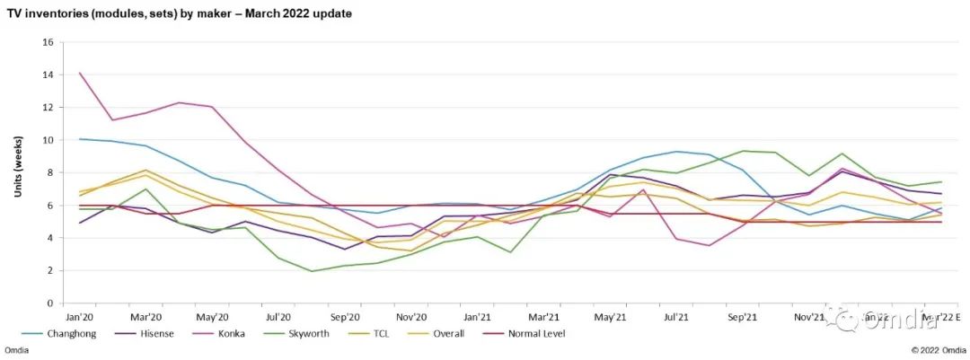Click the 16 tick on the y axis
(x=49, y=42)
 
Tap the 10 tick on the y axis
(x=49, y=140)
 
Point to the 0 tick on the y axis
(x=52, y=303)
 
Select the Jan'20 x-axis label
(x=80, y=317)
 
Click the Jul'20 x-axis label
(x=278, y=317)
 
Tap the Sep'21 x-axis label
(x=741, y=317)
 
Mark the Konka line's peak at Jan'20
(x=80, y=73)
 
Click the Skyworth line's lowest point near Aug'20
(x=312, y=271)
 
